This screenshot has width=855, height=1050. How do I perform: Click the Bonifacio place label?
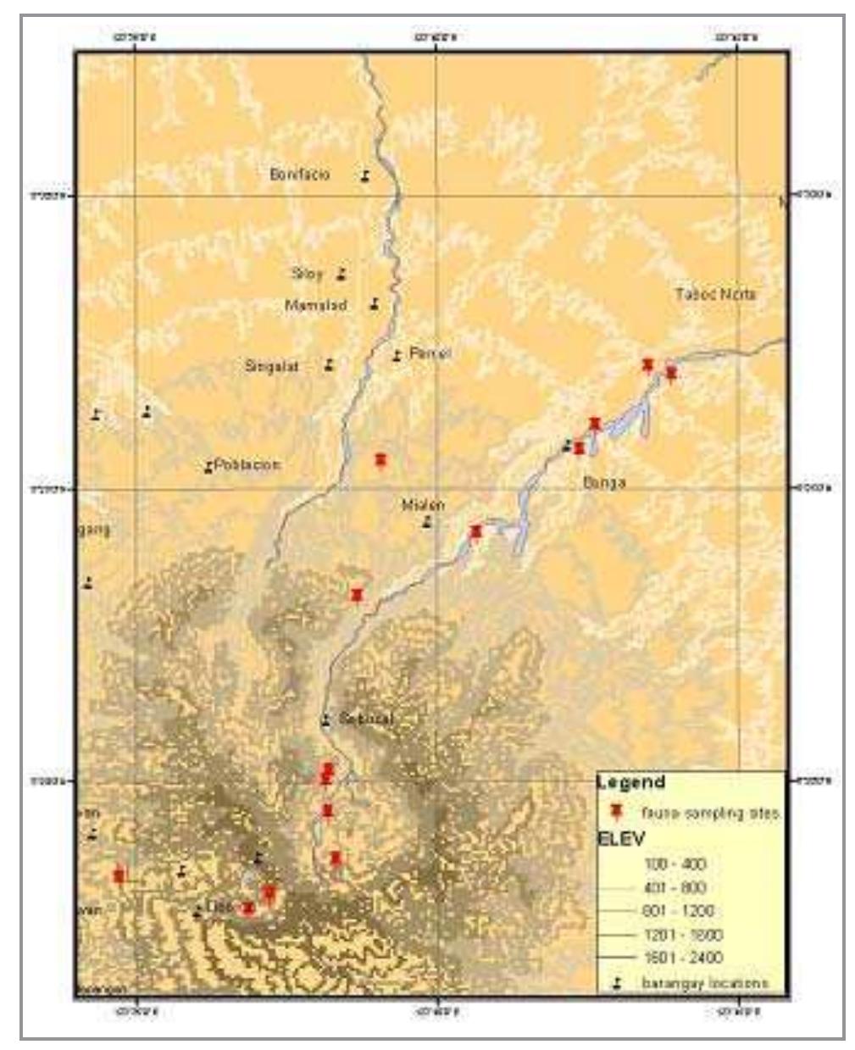pos(299,175)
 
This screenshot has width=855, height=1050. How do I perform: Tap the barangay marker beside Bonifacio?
pos(364,176)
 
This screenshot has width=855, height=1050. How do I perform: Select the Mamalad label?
pos(316,305)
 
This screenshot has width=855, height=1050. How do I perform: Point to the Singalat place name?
pos(271,367)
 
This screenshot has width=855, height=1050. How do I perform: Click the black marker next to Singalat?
pos(330,365)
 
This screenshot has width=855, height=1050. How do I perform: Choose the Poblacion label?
pos(247,464)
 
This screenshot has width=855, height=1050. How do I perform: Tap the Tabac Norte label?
pos(715,294)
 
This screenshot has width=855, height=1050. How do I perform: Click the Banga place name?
pos(604,482)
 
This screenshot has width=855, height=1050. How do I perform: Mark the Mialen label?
pos(423,504)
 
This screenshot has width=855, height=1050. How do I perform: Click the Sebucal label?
pos(366,719)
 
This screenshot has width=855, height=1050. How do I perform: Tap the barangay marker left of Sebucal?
pos(325,720)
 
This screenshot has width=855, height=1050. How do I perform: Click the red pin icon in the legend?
pos(618,812)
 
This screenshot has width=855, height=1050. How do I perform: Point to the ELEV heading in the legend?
pos(621,839)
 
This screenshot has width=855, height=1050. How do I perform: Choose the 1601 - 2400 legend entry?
pos(682,957)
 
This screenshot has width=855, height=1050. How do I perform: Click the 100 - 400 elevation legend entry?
pos(675,864)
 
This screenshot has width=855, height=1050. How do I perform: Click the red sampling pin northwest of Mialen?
pos(380,459)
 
